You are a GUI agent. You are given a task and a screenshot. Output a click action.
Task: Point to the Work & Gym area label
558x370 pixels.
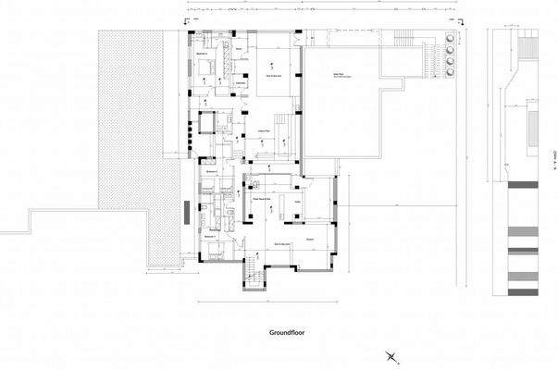275,74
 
